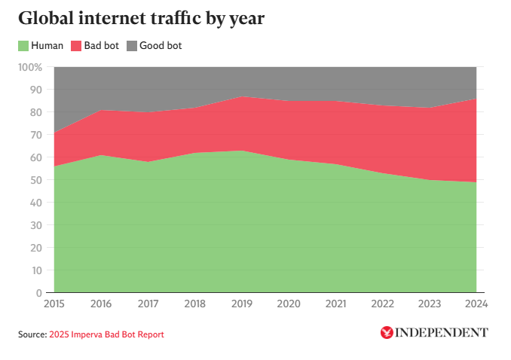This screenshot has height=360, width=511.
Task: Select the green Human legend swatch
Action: (x=24, y=46)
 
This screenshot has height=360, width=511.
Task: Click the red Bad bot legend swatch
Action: (x=75, y=46)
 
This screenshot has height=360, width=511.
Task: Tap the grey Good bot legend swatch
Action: (x=130, y=46)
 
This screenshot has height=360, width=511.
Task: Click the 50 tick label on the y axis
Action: (x=36, y=180)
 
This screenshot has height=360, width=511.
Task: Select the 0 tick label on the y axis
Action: (x=39, y=293)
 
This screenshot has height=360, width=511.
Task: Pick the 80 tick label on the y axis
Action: (x=36, y=112)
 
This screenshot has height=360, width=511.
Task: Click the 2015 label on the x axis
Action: (x=54, y=305)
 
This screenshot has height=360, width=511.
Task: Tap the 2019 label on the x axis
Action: (x=241, y=305)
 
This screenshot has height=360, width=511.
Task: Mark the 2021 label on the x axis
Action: (x=335, y=305)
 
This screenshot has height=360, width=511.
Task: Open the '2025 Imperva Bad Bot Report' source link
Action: (x=106, y=334)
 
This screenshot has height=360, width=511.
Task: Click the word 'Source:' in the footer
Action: (x=32, y=334)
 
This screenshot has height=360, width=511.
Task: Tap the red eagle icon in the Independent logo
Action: (x=387, y=332)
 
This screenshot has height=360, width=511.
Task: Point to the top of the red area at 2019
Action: (x=241, y=96)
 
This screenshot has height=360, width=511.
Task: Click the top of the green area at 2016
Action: (x=100, y=155)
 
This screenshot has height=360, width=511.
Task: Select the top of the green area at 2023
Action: (x=429, y=180)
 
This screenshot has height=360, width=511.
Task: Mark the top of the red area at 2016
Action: (x=100, y=110)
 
